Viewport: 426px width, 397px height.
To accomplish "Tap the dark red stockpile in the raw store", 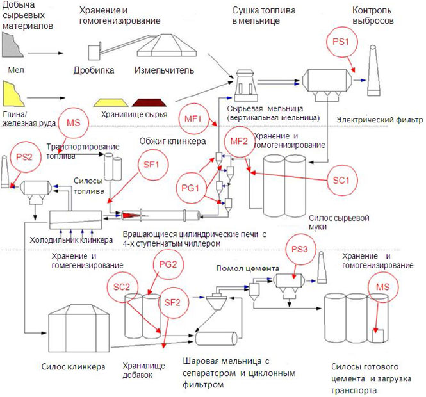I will coord(151,101).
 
